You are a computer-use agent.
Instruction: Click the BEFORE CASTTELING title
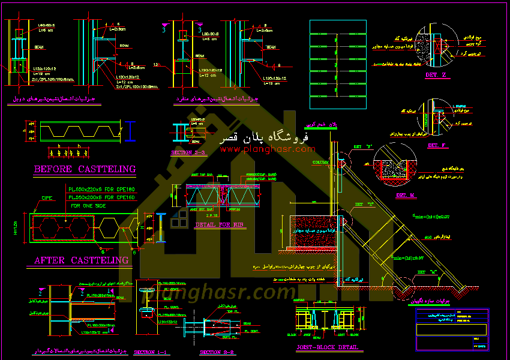coord(85,169)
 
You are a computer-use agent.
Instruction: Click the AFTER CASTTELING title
coord(82,260)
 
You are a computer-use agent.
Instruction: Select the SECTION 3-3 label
coord(188,153)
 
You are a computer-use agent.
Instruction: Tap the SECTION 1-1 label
coord(150,352)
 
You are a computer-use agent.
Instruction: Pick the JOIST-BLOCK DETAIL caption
coord(328,347)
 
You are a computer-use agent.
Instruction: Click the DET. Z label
coord(436,75)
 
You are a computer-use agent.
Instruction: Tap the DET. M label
coord(406,196)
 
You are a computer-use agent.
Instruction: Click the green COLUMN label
coord(320,162)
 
